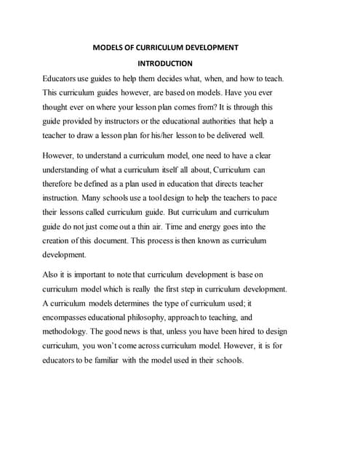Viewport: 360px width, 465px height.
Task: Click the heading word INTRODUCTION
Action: (165, 63)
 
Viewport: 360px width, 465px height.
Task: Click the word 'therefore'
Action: (63, 184)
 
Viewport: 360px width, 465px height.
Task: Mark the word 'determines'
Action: (130, 303)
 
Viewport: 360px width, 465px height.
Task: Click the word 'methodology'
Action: (71, 332)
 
